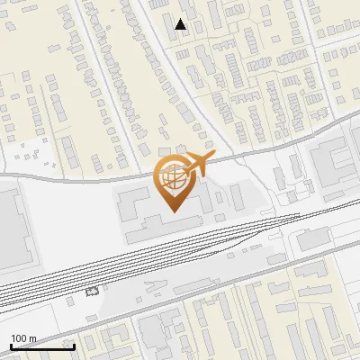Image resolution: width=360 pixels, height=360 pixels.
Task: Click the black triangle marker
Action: coord(181,25)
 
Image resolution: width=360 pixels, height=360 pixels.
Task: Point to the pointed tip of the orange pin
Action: coord(173,211)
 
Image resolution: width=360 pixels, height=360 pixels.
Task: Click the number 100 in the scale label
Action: coord(19,338)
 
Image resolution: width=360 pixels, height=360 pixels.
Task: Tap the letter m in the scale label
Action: coord(32,338)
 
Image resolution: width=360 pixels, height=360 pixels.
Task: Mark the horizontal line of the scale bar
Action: coord(41,347)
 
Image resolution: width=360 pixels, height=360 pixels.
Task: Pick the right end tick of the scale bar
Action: coord(74,346)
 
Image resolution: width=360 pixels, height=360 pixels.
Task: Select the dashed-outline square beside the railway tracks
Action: coord(90,292)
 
